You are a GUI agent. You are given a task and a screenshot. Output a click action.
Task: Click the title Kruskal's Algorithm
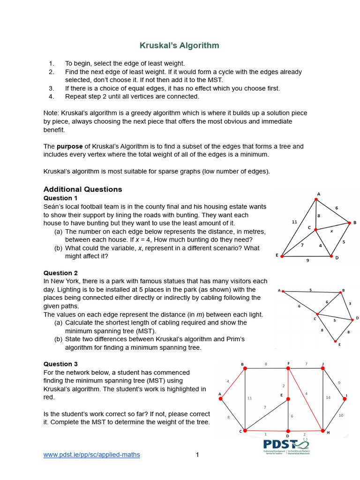pos(180,45)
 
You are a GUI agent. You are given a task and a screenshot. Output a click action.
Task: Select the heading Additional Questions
pos(82,189)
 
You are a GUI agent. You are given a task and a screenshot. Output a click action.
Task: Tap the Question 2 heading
pos(60,273)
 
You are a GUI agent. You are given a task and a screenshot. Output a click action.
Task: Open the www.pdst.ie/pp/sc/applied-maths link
pos(91,455)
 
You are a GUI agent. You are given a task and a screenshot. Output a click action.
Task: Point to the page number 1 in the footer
pos(197,455)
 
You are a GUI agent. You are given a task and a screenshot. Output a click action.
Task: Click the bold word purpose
pos(70,146)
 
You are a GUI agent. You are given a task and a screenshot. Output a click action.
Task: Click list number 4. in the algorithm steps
pos(52,97)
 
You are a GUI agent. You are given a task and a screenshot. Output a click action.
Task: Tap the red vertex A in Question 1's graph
pos(316,199)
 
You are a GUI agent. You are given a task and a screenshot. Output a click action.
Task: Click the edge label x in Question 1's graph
pos(331,231)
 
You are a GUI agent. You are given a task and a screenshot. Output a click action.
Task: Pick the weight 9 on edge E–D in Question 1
pos(307,260)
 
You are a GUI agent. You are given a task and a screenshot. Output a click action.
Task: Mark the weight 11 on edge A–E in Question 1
pos(294,222)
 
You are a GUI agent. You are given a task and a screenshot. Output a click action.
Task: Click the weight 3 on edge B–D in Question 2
pos(349,304)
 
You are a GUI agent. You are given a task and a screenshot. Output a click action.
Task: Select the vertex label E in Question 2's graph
pos(339,345)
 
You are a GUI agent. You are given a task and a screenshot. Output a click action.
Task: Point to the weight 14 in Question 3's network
pos(328,397)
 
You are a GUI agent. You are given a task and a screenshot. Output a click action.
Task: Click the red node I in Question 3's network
pos(345,398)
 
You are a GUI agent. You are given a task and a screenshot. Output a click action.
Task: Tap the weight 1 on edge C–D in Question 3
pos(265,434)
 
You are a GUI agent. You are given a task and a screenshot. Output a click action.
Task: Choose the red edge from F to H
pos(306,400)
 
